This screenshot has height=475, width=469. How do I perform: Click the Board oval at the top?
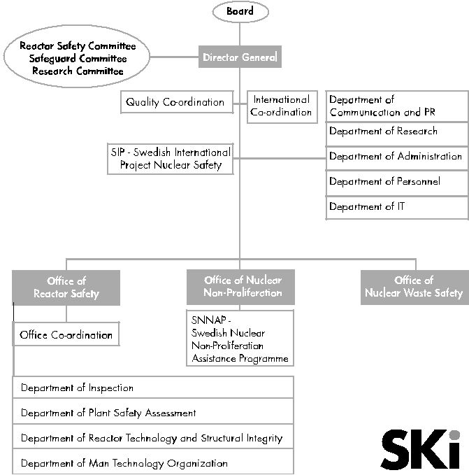(240, 11)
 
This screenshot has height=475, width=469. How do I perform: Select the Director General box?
(240, 57)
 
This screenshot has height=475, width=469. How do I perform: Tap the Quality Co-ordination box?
(177, 102)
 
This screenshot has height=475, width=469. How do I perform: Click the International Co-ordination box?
(282, 106)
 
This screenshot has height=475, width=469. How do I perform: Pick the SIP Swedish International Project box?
(171, 159)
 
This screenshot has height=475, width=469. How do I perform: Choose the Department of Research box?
(397, 134)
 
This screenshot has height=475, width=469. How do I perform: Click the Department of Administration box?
(397, 159)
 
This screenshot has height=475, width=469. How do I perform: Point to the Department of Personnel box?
(397, 183)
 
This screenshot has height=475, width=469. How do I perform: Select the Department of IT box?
(397, 208)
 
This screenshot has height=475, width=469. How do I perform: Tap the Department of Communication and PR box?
(397, 106)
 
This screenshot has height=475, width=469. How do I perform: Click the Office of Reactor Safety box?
(66, 288)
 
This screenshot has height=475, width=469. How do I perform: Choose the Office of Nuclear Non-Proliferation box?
(240, 287)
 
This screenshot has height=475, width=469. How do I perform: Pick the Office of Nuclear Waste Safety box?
(414, 287)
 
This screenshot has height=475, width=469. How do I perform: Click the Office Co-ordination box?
(66, 334)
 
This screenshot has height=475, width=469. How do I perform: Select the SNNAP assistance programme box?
(240, 338)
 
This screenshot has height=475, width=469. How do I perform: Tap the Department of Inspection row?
(153, 388)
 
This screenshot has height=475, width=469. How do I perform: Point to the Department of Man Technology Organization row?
(153, 462)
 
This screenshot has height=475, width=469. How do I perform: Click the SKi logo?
(421, 449)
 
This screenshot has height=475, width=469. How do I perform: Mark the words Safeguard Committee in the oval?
(78, 58)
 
